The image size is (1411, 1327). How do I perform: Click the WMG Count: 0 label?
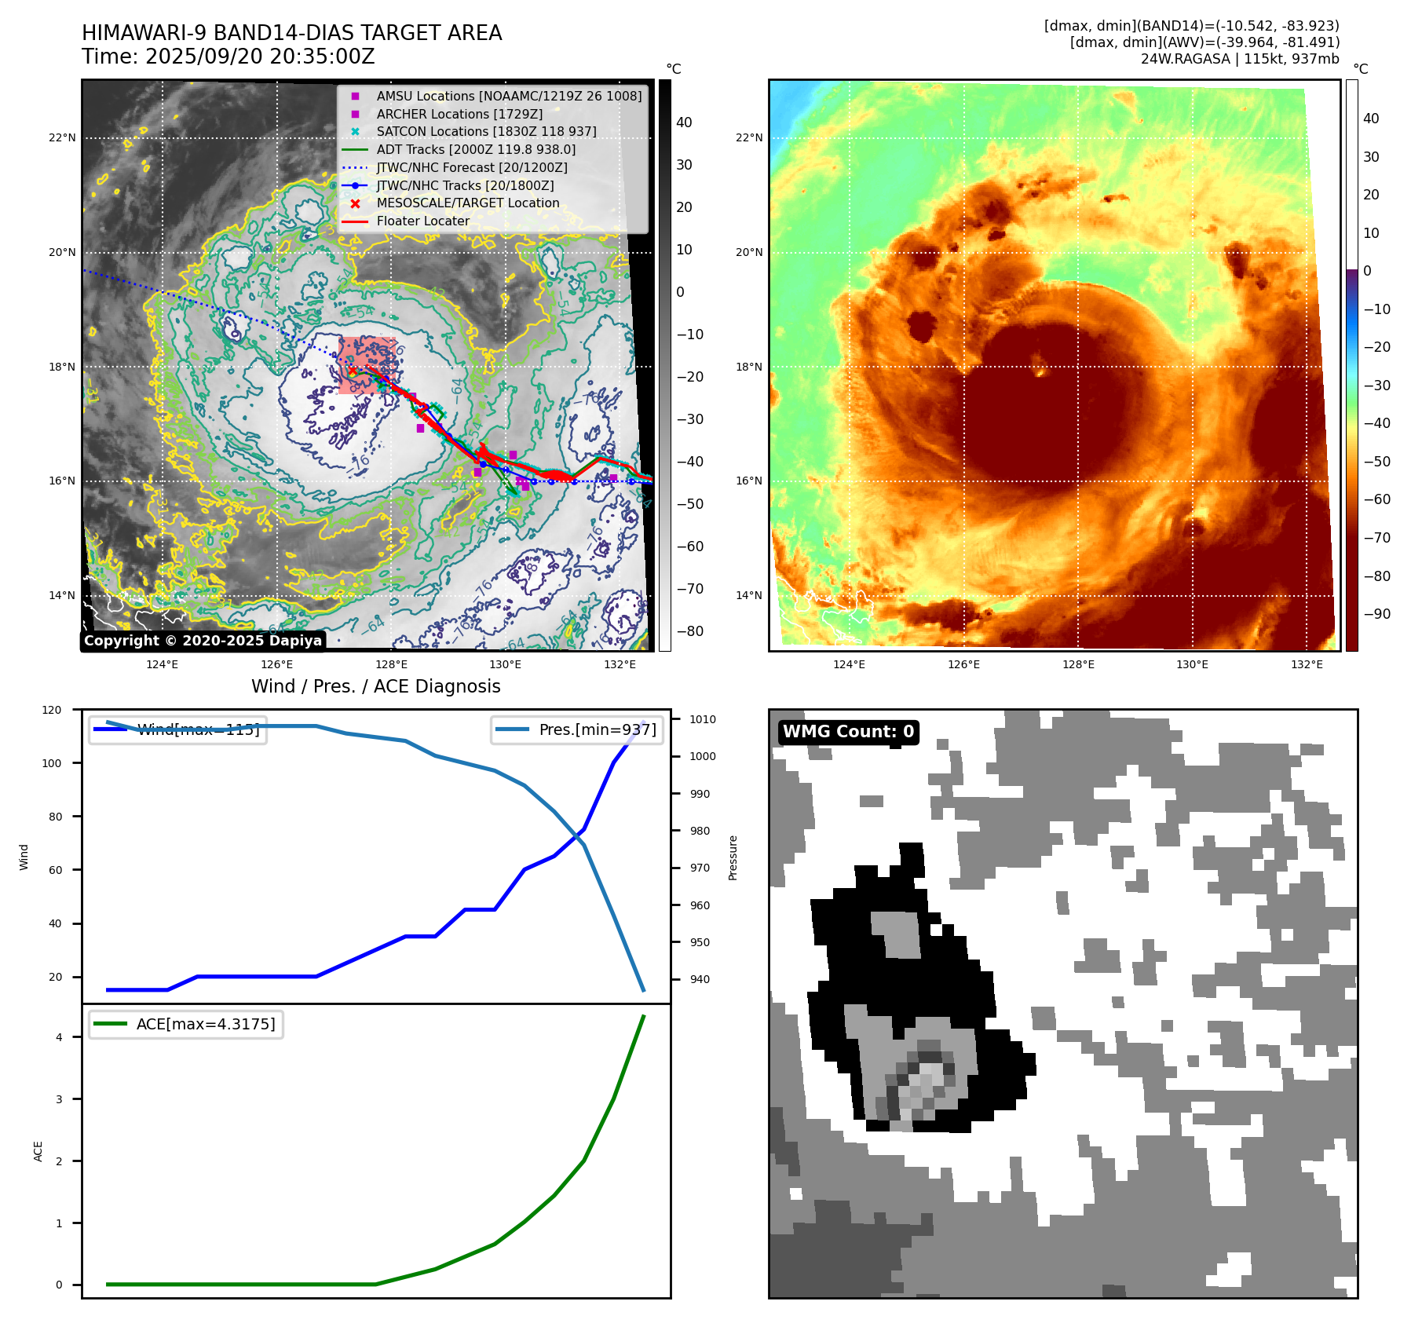coord(848,732)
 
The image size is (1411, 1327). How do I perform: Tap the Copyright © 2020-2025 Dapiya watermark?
coord(203,641)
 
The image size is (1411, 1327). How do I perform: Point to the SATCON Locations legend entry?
coord(486,132)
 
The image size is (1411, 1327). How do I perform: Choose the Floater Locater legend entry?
coord(422,221)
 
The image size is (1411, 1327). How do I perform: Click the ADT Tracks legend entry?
coord(476,149)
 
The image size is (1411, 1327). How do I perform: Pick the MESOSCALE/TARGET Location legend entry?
coord(468,203)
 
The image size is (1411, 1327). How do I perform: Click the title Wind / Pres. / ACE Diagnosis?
coord(375,686)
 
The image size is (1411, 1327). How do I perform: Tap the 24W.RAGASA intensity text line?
coord(1239,59)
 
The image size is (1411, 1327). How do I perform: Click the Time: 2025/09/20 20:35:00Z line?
coord(228,57)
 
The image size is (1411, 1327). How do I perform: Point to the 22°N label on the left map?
coord(63,138)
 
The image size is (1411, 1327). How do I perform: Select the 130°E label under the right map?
coord(1192,665)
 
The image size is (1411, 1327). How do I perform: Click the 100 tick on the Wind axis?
coord(52,763)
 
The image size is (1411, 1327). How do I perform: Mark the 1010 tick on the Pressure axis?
coord(703,719)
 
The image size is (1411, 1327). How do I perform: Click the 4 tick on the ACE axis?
coord(59,1037)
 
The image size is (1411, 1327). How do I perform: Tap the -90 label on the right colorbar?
coord(1376,614)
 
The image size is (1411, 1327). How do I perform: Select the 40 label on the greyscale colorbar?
coord(684,122)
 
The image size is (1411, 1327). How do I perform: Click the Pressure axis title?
coord(733,857)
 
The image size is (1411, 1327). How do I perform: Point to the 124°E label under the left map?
coord(163,665)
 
